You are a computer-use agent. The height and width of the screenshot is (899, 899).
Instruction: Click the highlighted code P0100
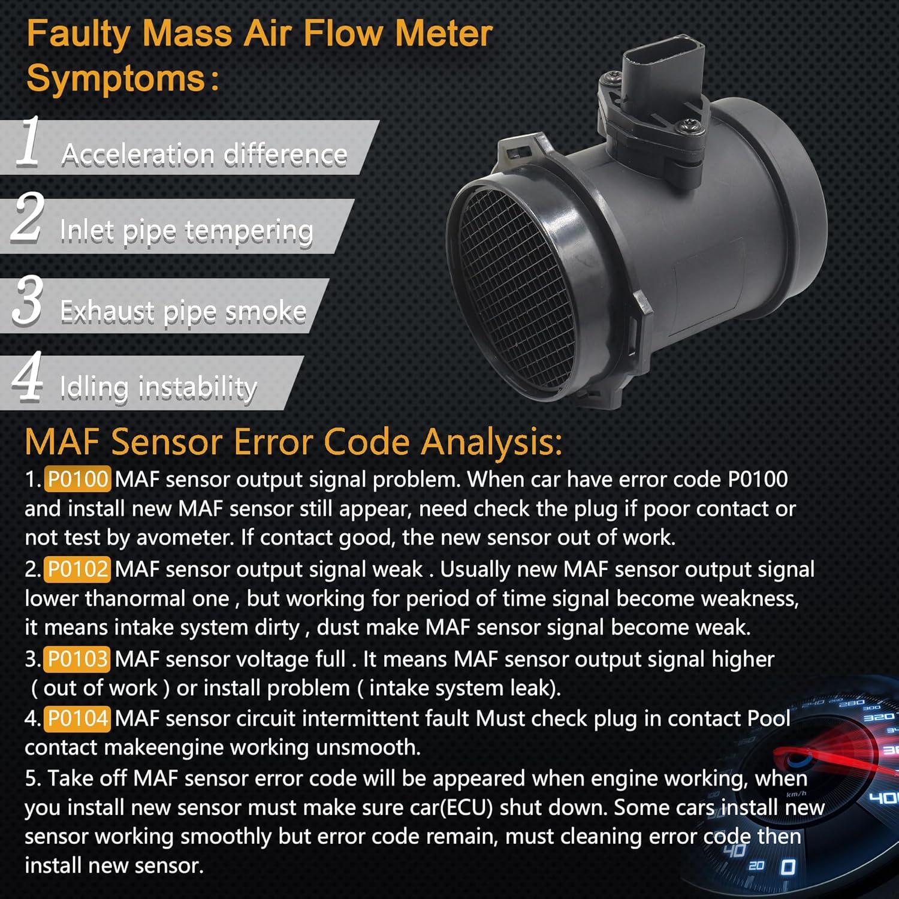pos(77,479)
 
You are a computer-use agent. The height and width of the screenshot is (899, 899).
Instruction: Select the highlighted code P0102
pos(77,569)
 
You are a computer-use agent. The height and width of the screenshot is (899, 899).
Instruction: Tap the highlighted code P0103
pos(77,659)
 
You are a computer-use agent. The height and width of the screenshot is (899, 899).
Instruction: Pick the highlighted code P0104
pos(77,718)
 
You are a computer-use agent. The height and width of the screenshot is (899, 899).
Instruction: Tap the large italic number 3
pos(28,300)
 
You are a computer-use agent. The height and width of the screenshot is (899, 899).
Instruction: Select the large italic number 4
pos(28,376)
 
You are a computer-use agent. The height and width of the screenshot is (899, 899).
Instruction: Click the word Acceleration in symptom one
pos(138,155)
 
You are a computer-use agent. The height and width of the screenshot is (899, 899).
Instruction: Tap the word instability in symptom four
pos(198,388)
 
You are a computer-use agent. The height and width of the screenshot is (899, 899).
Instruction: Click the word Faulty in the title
pos(78,34)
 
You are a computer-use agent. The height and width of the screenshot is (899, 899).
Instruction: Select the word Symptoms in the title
pos(116,79)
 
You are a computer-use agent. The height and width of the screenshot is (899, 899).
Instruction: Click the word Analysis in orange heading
pos(491,442)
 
